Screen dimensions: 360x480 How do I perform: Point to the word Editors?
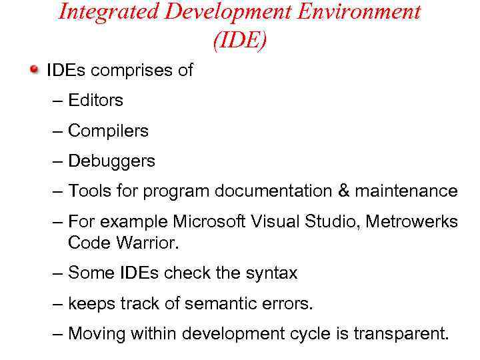[95, 101]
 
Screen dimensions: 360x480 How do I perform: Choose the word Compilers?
[108, 131]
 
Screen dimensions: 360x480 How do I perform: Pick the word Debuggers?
[111, 161]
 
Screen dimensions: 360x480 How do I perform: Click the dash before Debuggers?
[58, 161]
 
